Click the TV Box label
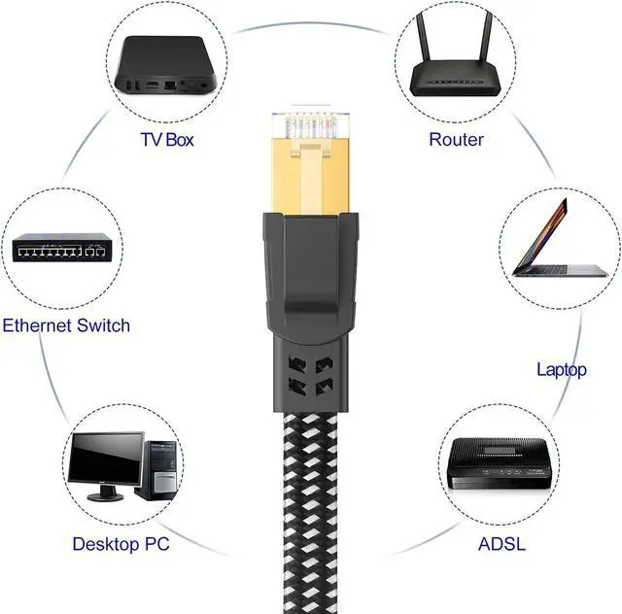click(167, 139)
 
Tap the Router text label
click(456, 139)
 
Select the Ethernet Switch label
click(65, 324)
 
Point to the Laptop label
click(562, 369)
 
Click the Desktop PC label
click(121, 543)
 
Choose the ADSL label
click(501, 543)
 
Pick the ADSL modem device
click(500, 467)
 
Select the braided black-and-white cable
click(307, 505)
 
